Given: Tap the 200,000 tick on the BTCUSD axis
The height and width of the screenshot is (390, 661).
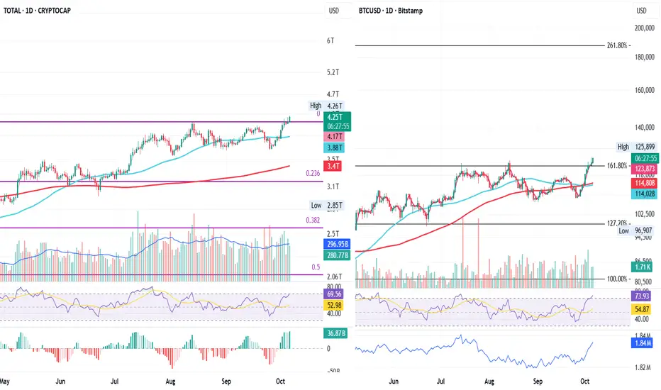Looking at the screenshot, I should [x=644, y=28].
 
